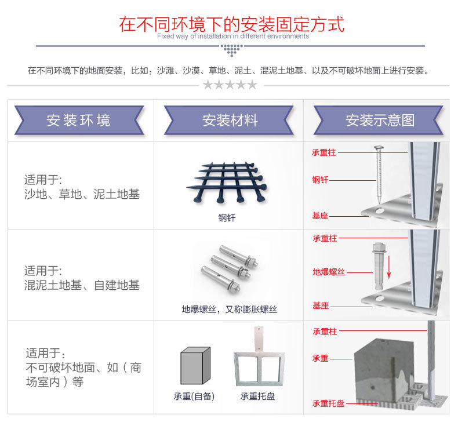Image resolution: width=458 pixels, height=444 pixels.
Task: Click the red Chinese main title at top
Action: [x=231, y=24]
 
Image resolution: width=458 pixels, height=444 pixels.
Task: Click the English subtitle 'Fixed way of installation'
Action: [x=232, y=36]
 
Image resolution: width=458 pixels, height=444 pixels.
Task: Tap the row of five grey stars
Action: [x=230, y=85]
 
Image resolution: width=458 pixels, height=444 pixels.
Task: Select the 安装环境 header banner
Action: [x=79, y=120]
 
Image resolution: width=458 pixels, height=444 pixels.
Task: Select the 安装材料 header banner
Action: [x=230, y=120]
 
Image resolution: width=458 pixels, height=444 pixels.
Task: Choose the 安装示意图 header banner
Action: [x=380, y=120]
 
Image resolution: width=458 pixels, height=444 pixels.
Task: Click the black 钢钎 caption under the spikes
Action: [x=227, y=219]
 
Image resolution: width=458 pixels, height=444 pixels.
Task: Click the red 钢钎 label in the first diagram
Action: [x=320, y=180]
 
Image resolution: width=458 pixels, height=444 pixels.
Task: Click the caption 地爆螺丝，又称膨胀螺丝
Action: [x=229, y=310]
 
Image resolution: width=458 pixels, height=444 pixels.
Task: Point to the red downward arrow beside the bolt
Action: [x=389, y=267]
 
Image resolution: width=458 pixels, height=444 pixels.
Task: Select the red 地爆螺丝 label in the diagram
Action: [x=329, y=272]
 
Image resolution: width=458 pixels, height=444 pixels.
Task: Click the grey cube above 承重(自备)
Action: [x=194, y=365]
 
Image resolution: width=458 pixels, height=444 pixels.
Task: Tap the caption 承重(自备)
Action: [x=194, y=397]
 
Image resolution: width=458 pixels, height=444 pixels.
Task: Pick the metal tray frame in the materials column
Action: [x=257, y=362]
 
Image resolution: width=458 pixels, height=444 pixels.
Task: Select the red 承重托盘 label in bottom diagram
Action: [x=328, y=403]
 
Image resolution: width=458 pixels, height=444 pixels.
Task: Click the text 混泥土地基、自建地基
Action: [x=82, y=285]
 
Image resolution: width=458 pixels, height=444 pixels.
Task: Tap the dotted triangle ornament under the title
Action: [x=231, y=50]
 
